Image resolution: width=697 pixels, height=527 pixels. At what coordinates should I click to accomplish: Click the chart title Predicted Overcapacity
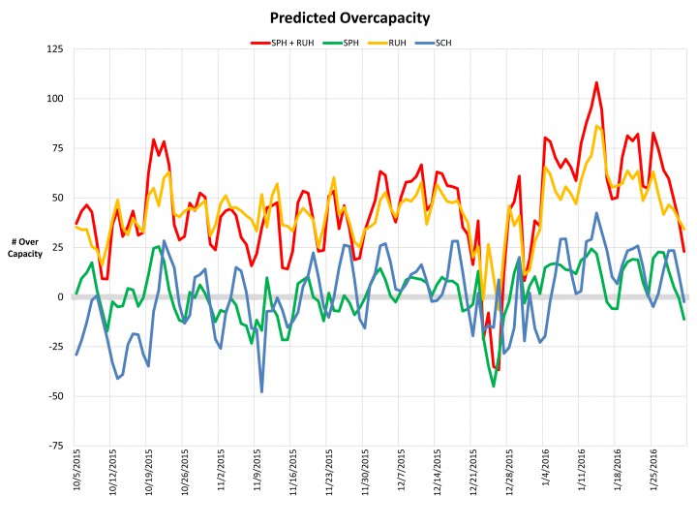point(349,17)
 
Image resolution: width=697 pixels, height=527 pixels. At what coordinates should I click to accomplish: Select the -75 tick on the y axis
point(55,446)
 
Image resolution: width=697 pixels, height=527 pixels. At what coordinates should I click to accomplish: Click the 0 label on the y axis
point(61,296)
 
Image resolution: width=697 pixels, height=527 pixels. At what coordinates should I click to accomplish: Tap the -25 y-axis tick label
point(55,347)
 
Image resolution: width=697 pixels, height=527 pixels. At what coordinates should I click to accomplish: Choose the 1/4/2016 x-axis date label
point(548,475)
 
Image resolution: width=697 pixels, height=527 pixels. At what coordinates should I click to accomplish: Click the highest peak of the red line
point(596,82)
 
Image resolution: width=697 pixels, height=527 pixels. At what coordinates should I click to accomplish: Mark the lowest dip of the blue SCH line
point(261,391)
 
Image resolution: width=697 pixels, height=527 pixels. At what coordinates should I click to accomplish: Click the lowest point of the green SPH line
point(494,386)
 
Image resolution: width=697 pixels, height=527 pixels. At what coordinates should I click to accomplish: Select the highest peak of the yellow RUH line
point(597,126)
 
